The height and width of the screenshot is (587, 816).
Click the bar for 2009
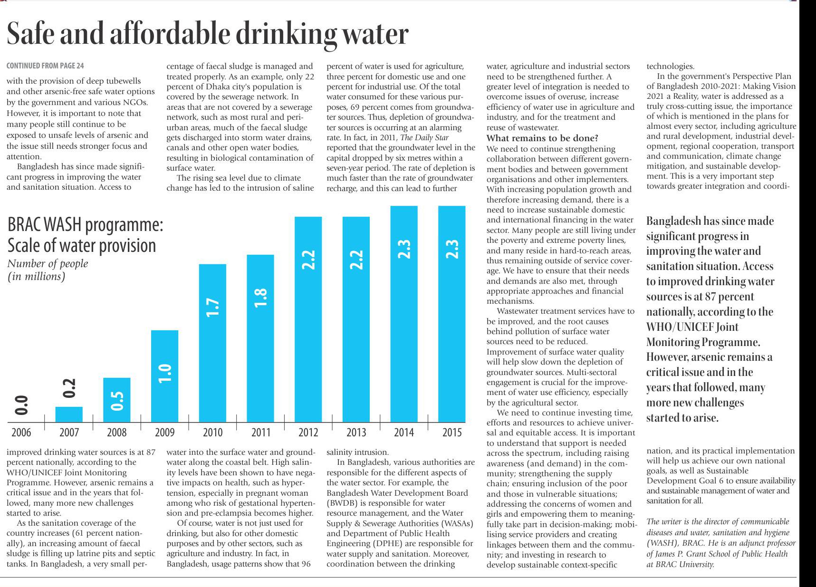pyautogui.click(x=164, y=375)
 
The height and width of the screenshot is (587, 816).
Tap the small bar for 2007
pyautogui.click(x=69, y=414)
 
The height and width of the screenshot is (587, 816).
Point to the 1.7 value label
pyautogui.click(x=213, y=308)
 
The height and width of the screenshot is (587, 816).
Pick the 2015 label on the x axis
pyautogui.click(x=451, y=432)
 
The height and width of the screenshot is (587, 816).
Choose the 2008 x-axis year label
pyautogui.click(x=117, y=432)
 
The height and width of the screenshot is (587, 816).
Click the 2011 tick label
pyautogui.click(x=260, y=432)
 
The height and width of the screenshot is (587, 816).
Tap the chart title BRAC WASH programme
pyautogui.click(x=86, y=225)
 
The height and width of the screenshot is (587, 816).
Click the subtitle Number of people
pyautogui.click(x=48, y=263)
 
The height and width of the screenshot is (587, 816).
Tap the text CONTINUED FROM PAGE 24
pyautogui.click(x=45, y=66)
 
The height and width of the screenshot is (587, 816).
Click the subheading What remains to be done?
pyautogui.click(x=542, y=138)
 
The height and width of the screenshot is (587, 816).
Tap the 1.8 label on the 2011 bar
pyautogui.click(x=261, y=298)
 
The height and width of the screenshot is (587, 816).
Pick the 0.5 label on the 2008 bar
pyautogui.click(x=117, y=400)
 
